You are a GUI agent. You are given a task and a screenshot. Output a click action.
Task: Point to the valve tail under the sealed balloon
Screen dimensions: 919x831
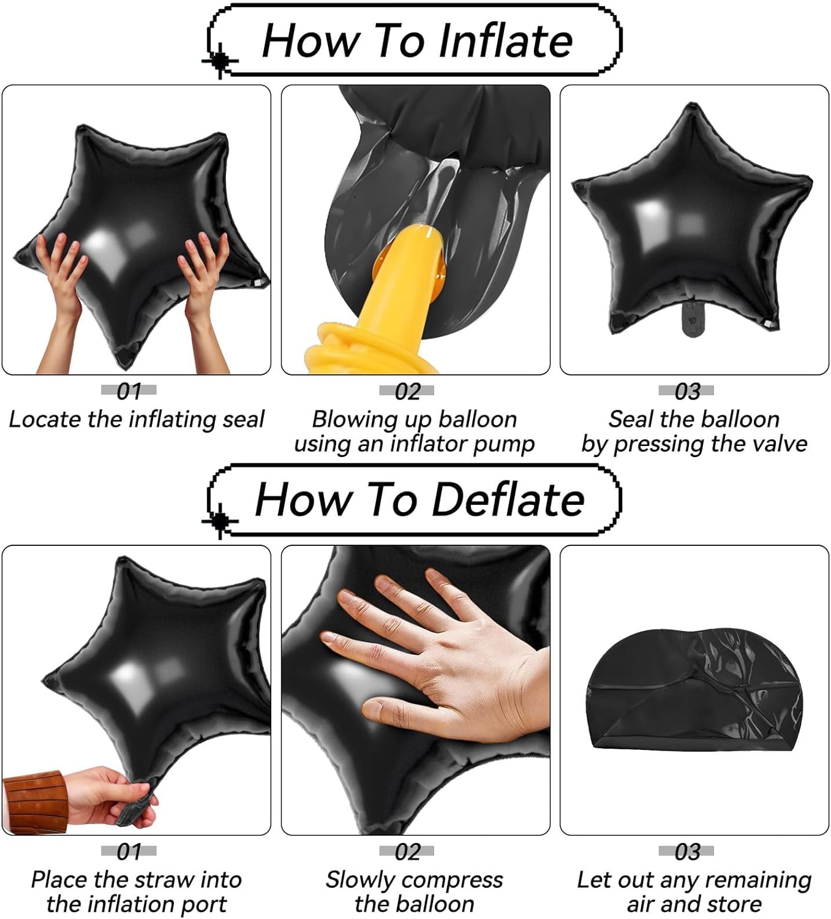[x=692, y=319]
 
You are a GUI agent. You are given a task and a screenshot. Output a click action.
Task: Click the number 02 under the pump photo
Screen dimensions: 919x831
[x=407, y=391]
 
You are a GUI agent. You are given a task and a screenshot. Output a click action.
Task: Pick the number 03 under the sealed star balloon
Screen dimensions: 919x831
[x=687, y=391]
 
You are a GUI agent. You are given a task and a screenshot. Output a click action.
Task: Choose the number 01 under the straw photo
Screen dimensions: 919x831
[x=129, y=851]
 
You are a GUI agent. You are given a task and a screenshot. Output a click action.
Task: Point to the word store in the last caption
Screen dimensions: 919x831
[x=732, y=904]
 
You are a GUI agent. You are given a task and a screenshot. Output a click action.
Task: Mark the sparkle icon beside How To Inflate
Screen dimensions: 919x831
[x=219, y=61]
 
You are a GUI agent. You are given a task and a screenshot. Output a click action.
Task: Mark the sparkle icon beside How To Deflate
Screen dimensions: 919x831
[x=219, y=521]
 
